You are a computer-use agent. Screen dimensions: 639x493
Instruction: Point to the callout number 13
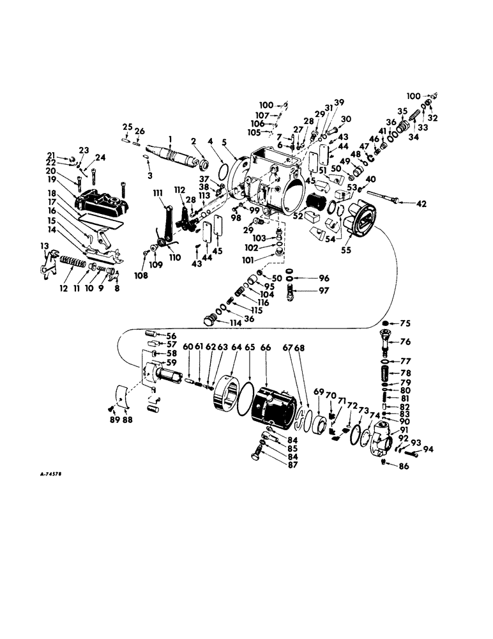[x=44, y=247]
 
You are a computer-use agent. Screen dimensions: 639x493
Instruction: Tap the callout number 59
[x=172, y=362]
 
